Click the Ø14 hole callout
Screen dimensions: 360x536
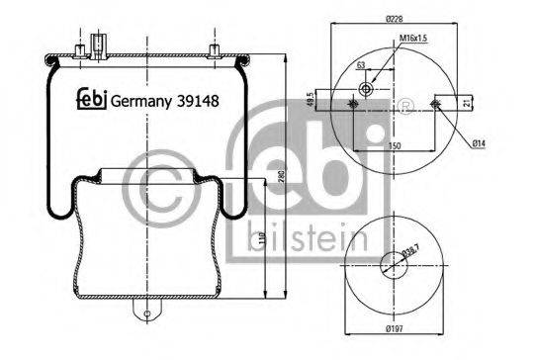click(478, 145)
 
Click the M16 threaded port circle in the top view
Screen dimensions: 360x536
click(367, 90)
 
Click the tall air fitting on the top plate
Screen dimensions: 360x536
click(97, 45)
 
